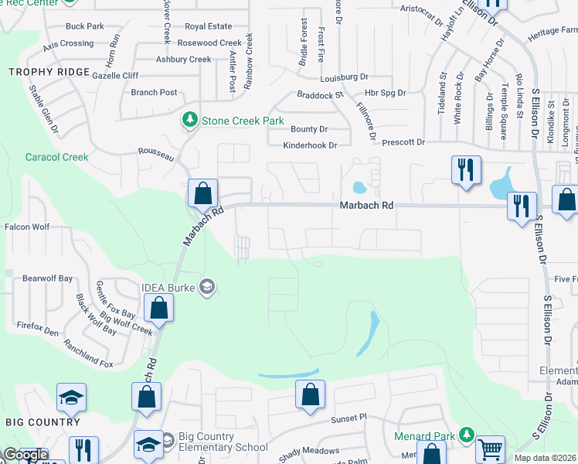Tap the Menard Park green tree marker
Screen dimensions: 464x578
coord(465,435)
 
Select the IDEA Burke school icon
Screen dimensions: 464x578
coord(206,288)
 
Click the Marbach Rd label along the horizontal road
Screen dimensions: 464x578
coord(367,206)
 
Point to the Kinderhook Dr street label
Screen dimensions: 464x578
coord(310,145)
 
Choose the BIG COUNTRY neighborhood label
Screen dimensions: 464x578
coord(42,422)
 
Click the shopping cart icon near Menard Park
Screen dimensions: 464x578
coord(490,449)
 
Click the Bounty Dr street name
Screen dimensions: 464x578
coord(309,129)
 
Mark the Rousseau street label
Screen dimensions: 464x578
coord(155,154)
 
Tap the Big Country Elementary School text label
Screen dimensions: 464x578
coord(223,442)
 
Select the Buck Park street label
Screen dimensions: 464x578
coord(85,26)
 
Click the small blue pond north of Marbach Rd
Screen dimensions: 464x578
coord(359,187)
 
